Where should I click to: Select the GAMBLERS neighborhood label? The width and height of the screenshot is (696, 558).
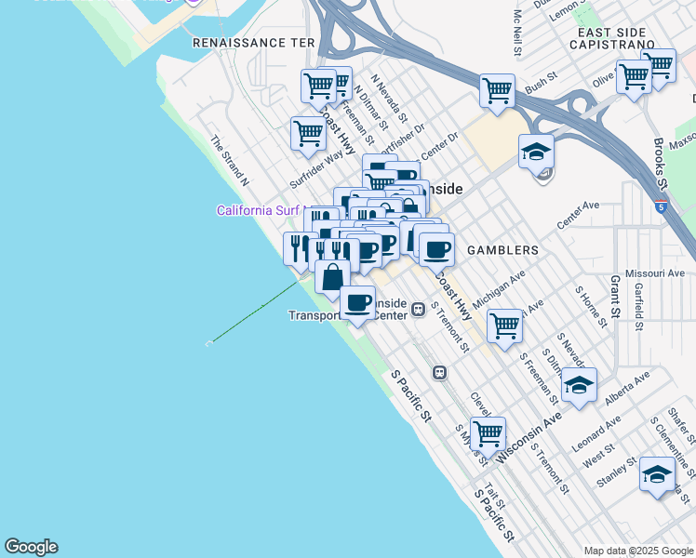tap(502, 250)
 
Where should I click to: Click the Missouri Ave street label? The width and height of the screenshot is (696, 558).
tap(656, 273)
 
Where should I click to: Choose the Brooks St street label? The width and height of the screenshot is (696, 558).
tap(660, 163)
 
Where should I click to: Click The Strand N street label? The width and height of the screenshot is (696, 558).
tap(229, 158)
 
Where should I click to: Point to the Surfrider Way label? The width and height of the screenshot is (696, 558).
tap(316, 168)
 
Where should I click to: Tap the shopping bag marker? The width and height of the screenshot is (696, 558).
tap(332, 276)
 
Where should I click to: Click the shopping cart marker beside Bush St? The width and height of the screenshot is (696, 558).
tap(498, 91)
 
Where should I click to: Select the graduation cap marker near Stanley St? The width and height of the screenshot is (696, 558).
tap(657, 474)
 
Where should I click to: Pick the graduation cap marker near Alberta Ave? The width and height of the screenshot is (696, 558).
tap(579, 384)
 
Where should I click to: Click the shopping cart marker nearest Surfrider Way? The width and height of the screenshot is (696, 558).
tap(308, 132)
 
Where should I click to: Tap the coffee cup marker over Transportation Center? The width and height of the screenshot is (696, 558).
tap(358, 302)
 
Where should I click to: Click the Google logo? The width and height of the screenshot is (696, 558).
tap(31, 547)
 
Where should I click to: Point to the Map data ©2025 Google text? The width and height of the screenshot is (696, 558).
tap(638, 551)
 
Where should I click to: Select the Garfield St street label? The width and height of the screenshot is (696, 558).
tap(638, 308)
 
